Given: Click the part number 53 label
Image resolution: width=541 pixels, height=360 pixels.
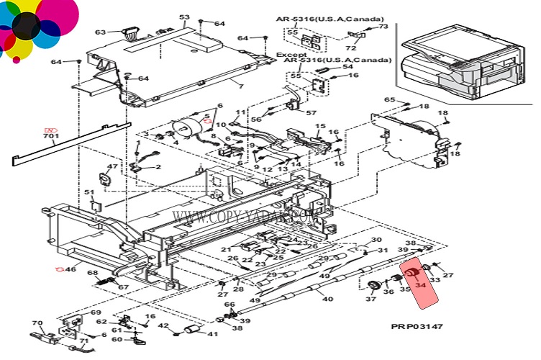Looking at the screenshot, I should coord(184,17).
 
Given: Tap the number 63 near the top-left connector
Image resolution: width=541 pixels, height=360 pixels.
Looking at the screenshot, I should coord(100,32).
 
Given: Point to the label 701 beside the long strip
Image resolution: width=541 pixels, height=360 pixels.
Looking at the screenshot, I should coord(51,135).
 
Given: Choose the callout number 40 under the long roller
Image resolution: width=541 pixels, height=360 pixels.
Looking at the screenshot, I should coord(327,299).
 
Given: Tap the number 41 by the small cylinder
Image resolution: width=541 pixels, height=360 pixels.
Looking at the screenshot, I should coord(212,333).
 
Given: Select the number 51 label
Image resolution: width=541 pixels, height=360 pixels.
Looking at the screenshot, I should coord(89,192).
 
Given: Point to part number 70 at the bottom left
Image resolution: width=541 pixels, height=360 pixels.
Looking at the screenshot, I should coord(37,323).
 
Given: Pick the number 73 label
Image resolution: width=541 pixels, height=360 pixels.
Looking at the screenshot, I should coord(383,27).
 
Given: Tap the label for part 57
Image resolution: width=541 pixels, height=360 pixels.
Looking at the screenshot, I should coord(311,112).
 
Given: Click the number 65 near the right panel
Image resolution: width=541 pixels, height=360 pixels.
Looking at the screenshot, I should coord(389,99).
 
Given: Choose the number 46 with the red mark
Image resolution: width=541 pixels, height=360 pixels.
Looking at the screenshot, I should coord(70,269).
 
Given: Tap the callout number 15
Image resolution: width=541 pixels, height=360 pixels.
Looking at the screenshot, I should coord(320,127).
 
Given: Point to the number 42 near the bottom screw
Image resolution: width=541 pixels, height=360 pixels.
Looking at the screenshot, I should coord(163,326).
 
